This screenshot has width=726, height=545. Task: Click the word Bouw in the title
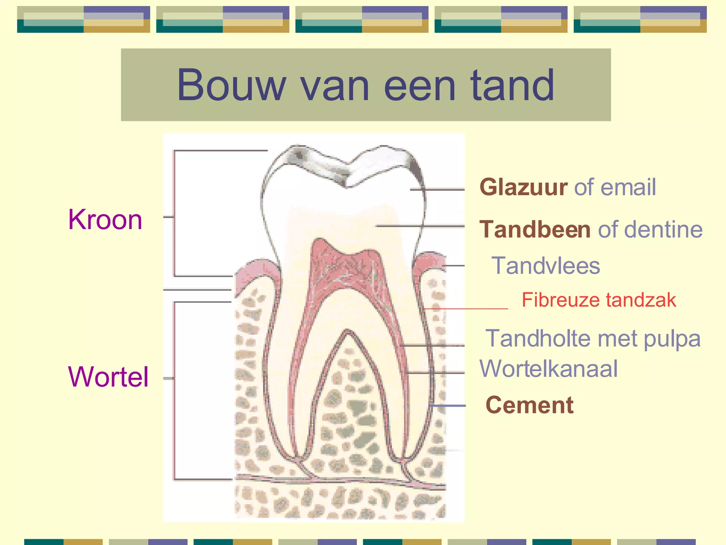pos(231,86)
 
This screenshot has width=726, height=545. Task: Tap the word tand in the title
pos(512,86)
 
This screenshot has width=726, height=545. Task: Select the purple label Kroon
pos(105,220)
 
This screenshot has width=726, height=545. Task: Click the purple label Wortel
pos(108,377)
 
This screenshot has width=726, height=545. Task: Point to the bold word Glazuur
pos(523,187)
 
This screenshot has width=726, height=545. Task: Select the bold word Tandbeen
pos(535,229)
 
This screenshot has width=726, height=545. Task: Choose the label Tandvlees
pos(546,266)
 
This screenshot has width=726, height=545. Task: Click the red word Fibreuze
pos(560,300)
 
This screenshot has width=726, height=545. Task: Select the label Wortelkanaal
pos(548,369)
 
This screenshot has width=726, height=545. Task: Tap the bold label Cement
pos(529,405)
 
